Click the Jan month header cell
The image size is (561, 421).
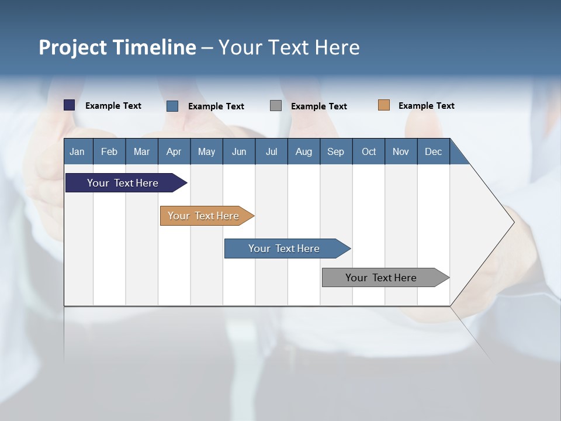pos(78,151)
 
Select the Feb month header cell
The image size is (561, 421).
pos(109,151)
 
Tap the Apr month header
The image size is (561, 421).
pos(174,151)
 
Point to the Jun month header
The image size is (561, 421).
pos(239,151)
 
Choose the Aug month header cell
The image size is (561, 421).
pos(304,151)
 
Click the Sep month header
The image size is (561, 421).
pos(336,151)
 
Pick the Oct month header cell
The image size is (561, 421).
pos(369,151)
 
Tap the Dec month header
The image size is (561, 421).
pos(434,151)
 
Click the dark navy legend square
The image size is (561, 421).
pos(70,105)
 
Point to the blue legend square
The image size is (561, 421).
pos(172,106)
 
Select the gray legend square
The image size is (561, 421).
pos(276,106)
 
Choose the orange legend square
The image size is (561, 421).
pos(384,105)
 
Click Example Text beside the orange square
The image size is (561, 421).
pos(426,106)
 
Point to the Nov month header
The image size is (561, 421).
pos(401,151)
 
